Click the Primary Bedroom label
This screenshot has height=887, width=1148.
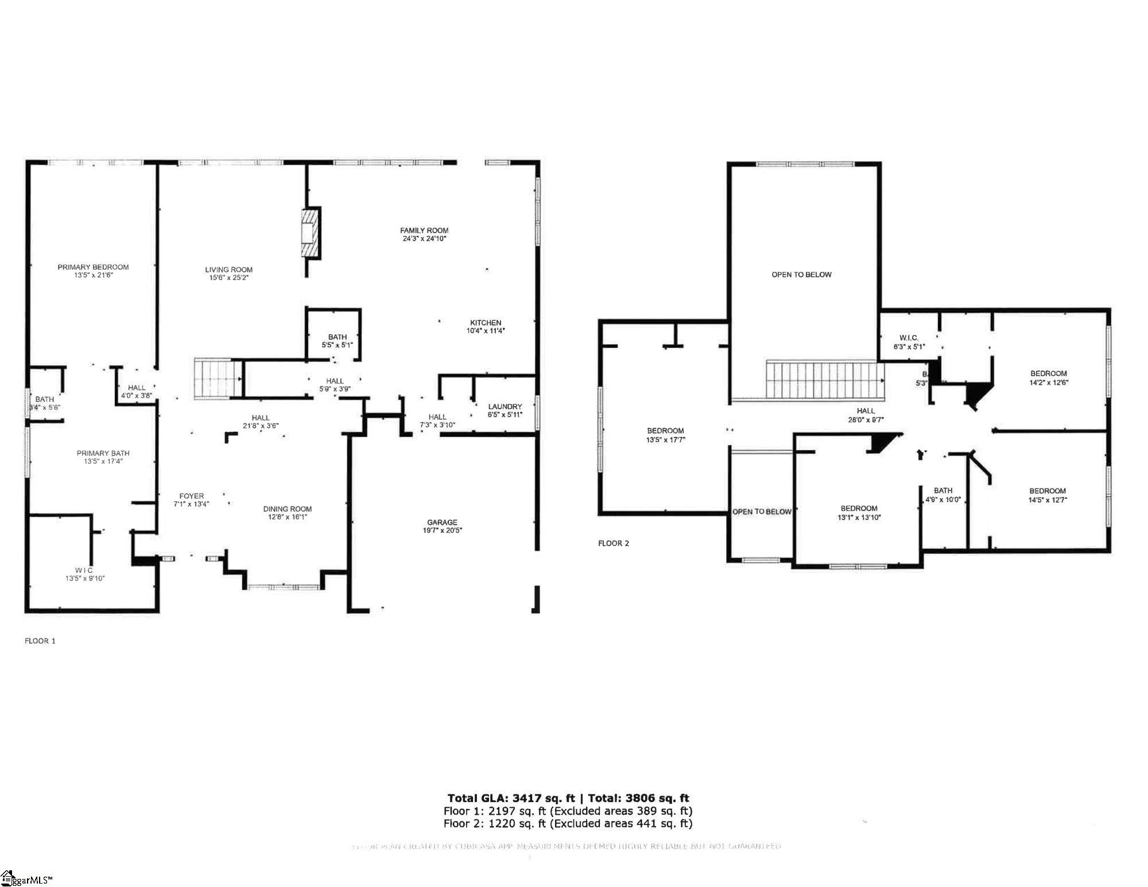tap(93, 267)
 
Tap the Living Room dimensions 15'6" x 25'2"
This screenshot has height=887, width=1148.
tap(228, 278)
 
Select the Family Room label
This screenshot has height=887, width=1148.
tap(424, 230)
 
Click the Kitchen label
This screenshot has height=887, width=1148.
tap(486, 323)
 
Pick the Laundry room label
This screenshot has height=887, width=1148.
tap(505, 406)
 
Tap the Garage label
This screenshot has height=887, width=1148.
tap(442, 522)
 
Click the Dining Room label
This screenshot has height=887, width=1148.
tap(287, 509)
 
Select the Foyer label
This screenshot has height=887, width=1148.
tap(191, 496)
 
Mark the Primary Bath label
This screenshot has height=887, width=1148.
tap(103, 454)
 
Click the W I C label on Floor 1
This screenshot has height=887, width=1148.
tap(84, 570)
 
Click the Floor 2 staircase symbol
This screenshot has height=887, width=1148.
tap(825, 379)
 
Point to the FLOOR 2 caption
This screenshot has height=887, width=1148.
tap(613, 543)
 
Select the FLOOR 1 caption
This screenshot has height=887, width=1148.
tap(40, 641)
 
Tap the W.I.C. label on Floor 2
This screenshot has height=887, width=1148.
tap(909, 338)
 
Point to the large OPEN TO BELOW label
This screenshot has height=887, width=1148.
tap(801, 274)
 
